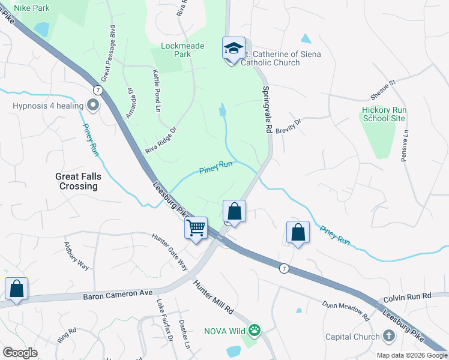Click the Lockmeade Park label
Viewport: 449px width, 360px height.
click(183, 50)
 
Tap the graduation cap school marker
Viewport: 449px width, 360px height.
click(233, 48)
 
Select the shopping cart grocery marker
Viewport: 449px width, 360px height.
click(196, 228)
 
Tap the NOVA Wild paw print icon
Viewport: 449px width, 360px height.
click(255, 330)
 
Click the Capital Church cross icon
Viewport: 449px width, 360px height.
click(389, 337)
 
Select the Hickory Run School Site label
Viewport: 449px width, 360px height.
click(384, 115)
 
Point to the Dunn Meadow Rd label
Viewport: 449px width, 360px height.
click(345, 310)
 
